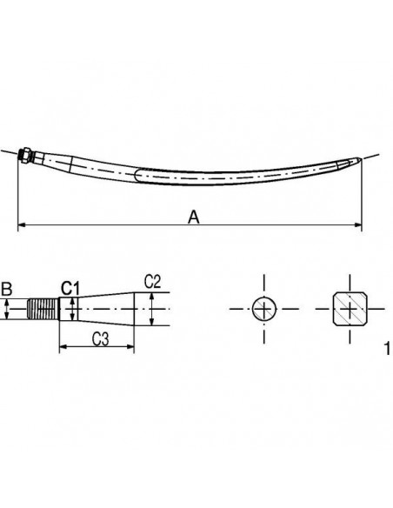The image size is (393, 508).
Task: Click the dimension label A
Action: (x=194, y=217)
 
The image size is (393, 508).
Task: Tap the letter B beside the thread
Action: (x=7, y=287)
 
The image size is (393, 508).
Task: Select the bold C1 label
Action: (x=70, y=287)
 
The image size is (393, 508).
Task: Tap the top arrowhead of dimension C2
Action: (x=151, y=296)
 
